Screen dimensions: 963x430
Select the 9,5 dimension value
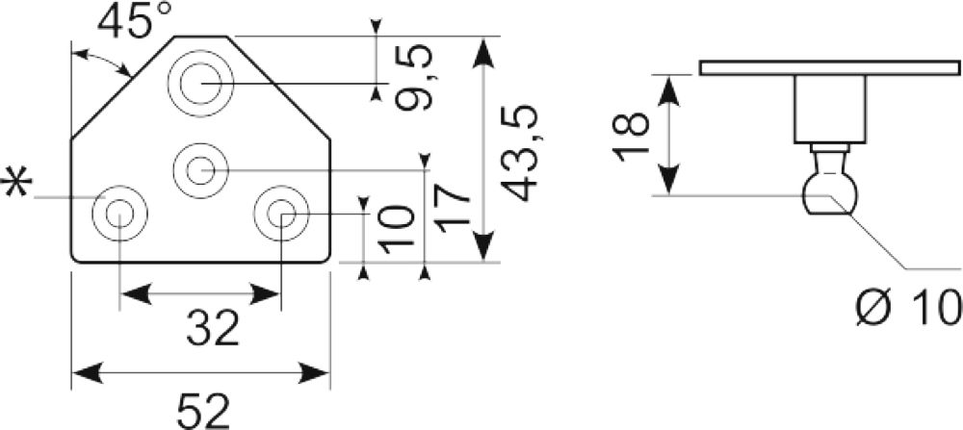[x=413, y=78]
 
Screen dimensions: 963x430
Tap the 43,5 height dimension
[x=520, y=153]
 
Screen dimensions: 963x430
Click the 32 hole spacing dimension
[x=213, y=328]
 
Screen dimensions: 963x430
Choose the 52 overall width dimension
[x=203, y=412]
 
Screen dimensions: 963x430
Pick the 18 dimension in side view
[x=631, y=137]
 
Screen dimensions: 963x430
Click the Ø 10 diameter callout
[x=908, y=307]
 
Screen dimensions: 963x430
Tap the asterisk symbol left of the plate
[x=16, y=184]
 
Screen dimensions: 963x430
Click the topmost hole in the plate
[x=201, y=83]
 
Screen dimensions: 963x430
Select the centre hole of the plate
[x=200, y=170]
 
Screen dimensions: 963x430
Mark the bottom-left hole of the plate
[x=119, y=215]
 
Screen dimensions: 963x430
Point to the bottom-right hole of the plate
[x=282, y=215]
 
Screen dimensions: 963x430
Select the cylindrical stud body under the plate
[x=831, y=110]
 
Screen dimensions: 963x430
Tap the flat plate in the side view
[x=830, y=67]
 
